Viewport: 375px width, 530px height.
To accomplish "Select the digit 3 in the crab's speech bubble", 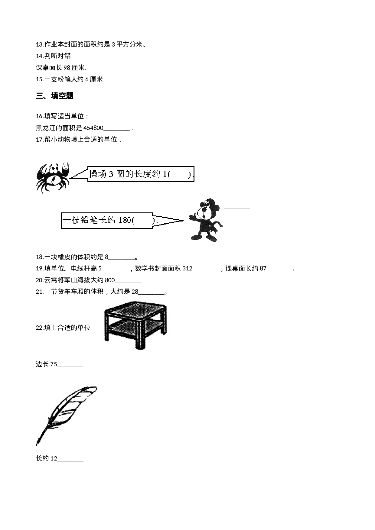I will coord(111,174).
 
